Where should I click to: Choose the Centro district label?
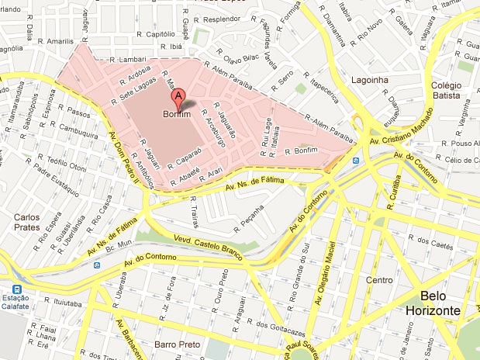[380, 280]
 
